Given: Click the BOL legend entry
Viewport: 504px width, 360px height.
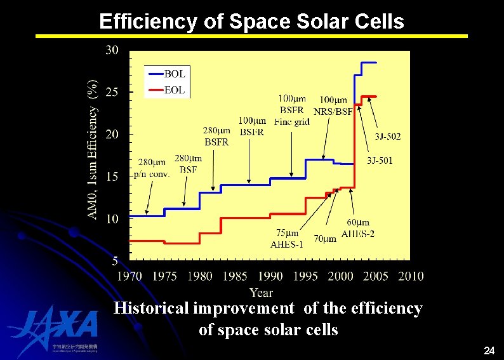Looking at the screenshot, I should coord(166,74).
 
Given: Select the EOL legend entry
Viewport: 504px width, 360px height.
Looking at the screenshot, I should coord(166,91).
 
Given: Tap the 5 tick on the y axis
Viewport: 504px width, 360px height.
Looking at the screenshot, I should coord(115,260).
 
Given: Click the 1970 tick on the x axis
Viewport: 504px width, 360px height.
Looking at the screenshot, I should coord(129,276).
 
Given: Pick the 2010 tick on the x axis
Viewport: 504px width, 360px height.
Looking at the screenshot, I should coord(411,276).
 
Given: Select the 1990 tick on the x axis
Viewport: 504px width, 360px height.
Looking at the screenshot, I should coord(270,276).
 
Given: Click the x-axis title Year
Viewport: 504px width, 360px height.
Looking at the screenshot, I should coord(261,293).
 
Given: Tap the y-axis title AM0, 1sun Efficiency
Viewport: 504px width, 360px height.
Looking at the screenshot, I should coord(93,150).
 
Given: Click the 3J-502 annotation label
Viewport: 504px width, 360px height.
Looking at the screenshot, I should coord(387,136).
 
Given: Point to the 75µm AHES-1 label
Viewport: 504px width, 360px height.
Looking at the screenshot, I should coord(287,239).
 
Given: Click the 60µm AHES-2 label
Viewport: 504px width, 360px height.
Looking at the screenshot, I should coord(357,228).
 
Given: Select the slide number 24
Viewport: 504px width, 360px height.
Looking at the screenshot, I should coord(489,350).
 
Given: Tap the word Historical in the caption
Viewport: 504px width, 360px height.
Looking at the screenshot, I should coord(152,309).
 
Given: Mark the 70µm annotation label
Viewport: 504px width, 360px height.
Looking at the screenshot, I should coord(325,239).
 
